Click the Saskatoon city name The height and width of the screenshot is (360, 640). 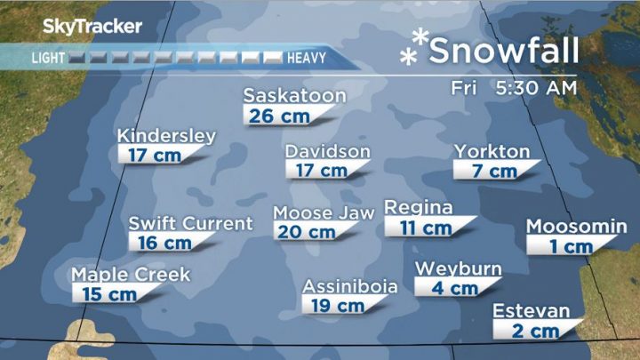tap(295, 95)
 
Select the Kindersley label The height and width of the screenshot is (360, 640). tap(166, 136)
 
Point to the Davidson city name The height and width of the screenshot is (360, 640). tap(327, 151)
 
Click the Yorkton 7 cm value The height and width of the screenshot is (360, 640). tap(495, 171)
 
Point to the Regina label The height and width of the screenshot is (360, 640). tap(419, 208)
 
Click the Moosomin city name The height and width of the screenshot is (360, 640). tap(576, 227)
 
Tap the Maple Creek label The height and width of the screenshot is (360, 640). tap(131, 275)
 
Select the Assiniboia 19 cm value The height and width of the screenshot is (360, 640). tap(338, 306)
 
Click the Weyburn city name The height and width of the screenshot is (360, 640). tap(459, 269)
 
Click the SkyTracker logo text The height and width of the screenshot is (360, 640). tap(92, 27)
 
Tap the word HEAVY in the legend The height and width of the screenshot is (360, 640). tap(307, 59)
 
